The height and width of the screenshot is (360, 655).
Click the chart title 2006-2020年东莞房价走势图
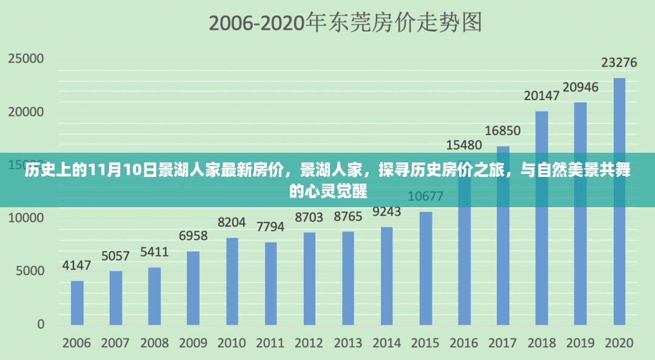345,23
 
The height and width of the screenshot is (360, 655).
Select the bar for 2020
619,201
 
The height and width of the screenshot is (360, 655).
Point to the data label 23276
619,62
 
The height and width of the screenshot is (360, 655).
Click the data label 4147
76,265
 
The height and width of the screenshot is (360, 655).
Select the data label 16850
502,131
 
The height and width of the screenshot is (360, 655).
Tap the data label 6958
193,236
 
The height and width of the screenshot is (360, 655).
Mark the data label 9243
386,212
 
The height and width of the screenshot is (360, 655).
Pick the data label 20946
580,87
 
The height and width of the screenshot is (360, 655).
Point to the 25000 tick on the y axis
26,59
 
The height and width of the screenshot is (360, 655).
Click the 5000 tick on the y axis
30,270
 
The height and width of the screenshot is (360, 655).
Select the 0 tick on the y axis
41,324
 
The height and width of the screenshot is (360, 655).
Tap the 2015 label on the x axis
425,343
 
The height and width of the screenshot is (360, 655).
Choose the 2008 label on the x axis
154,343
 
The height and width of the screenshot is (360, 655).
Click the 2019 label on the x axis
580,343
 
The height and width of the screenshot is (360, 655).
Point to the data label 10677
425,196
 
